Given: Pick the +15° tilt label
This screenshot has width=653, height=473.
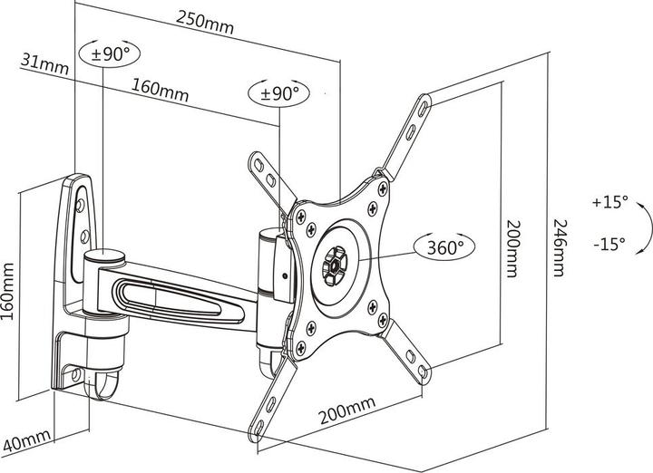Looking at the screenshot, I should tap(608, 202).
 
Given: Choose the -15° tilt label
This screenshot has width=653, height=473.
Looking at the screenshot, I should tap(608, 244).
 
